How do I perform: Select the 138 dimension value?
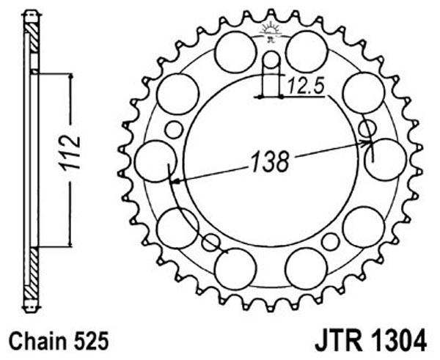pyautogui.click(x=270, y=161)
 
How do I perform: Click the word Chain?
pyautogui.click(x=38, y=341)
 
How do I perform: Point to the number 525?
pyautogui.click(x=90, y=341)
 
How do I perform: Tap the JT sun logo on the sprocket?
pyautogui.click(x=271, y=32)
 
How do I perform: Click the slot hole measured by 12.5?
pyautogui.click(x=271, y=73)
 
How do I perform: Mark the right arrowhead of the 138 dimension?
pyautogui.click(x=364, y=143)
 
